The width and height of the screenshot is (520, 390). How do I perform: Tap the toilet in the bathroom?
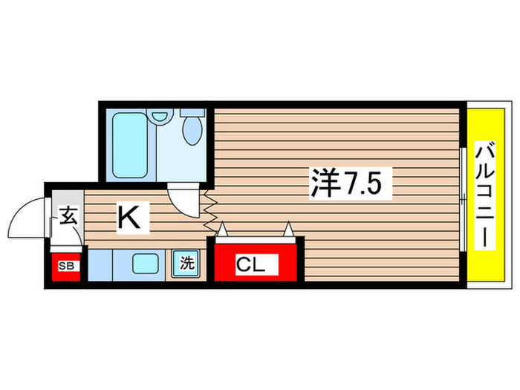pos(192,129)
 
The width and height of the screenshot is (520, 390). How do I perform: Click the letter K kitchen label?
pos(129,217)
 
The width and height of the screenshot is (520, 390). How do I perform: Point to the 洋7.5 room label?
pos(350,182)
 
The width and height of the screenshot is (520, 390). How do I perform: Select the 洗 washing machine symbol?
pos(187,263)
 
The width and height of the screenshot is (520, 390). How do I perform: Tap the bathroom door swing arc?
pos(182,198)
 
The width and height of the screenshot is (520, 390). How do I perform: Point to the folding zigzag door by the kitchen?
pos(209,215)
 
